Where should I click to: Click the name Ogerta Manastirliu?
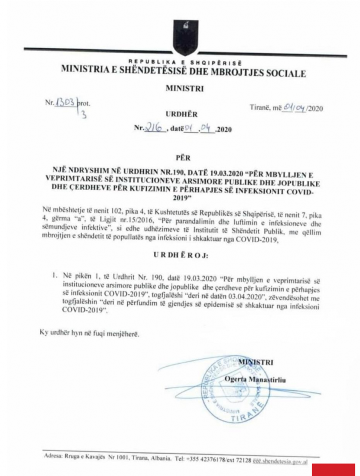[x=255, y=380]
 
